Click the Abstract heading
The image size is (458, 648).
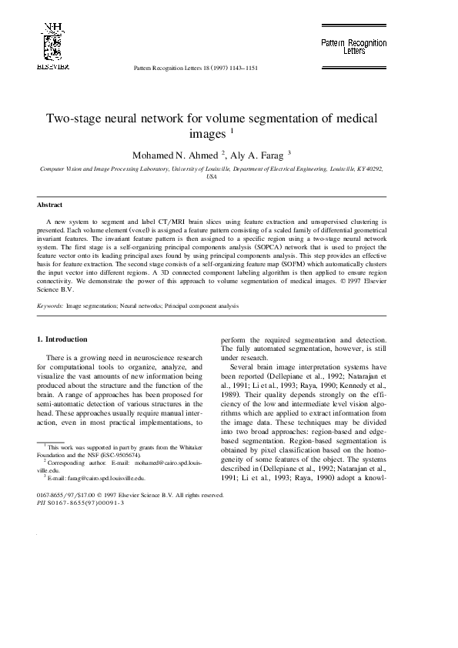pyautogui.click(x=50, y=205)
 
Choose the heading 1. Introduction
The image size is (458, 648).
pyautogui.click(x=62, y=339)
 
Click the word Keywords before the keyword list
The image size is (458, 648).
pyautogui.click(x=49, y=306)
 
